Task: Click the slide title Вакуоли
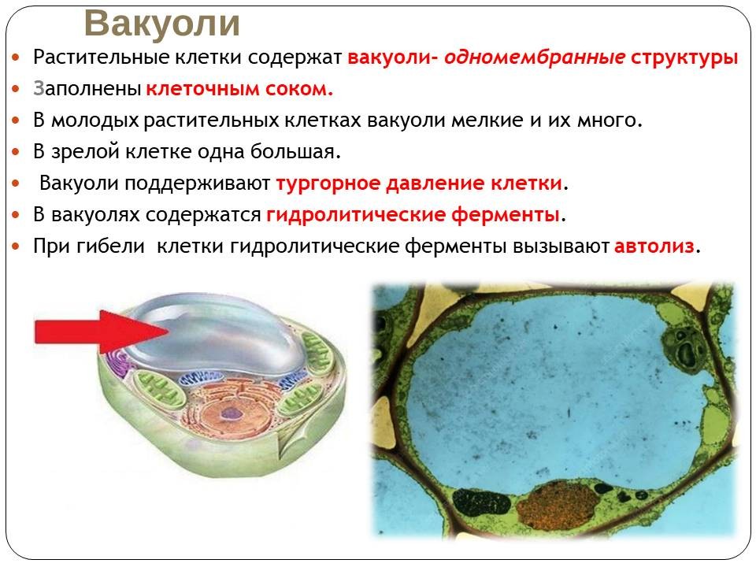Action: click(162, 24)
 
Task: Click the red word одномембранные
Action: click(535, 57)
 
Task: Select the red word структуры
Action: click(684, 57)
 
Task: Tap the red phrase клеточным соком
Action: click(239, 89)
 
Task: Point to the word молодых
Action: click(95, 120)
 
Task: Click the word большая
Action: click(295, 152)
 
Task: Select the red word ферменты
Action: click(506, 215)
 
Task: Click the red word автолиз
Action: click(654, 246)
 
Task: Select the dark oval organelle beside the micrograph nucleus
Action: click(480, 503)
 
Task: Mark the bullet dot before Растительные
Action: click(16, 57)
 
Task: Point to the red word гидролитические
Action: click(356, 215)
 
